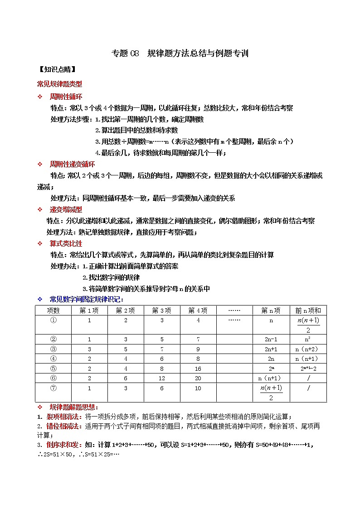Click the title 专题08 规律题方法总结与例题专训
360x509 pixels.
pos(180,53)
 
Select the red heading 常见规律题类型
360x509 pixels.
pos(59,84)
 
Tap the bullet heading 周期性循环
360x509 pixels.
pos(66,97)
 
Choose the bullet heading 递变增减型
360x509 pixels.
pos(66,209)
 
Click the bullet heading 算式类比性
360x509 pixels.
pos(66,243)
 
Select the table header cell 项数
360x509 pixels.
pos(53,310)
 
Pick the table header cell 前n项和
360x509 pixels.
pos(308,310)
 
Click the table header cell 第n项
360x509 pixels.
pos(271,310)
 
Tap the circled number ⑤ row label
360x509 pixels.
pos(53,368)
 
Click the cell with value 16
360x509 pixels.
pos(198,368)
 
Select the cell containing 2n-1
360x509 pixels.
pos(271,339)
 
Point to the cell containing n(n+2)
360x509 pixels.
pos(308,349)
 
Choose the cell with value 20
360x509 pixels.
pos(198,378)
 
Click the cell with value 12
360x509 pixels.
pos(162,378)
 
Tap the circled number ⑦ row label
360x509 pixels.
pos(53,388)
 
